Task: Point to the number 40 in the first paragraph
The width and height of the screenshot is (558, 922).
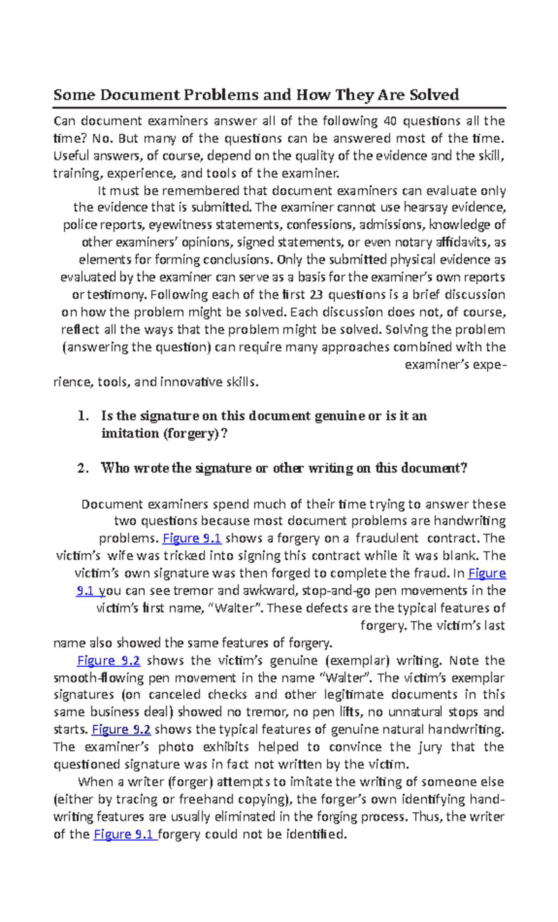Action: [x=390, y=121]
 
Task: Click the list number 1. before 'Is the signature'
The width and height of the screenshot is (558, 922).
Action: [x=83, y=416]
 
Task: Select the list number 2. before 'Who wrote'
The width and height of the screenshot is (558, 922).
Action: [x=83, y=468]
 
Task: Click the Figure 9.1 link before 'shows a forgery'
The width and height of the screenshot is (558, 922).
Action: [x=192, y=538]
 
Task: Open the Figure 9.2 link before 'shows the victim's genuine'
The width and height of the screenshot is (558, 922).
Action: [x=108, y=660]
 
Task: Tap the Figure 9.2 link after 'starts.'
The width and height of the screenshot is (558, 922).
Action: [x=121, y=729]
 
